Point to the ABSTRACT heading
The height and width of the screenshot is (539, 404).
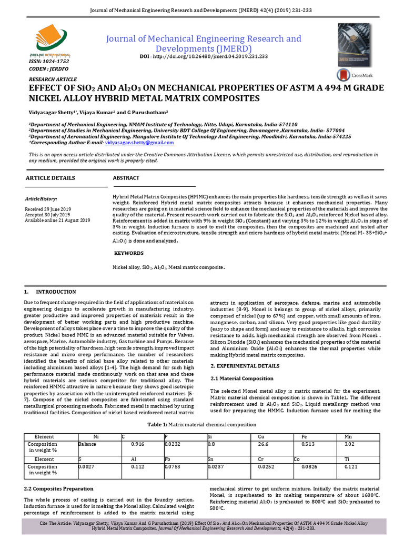[126, 178]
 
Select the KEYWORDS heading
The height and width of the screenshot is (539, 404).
[128, 253]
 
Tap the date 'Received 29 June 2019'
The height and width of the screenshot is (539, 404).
[47, 209]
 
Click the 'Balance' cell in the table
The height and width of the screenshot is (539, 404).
[88, 444]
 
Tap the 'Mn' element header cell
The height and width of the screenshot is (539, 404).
[348, 437]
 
